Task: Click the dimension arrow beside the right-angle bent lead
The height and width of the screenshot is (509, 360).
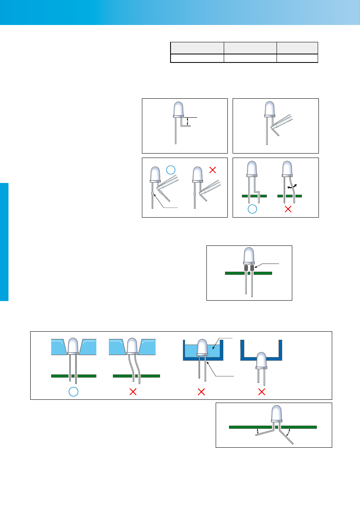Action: coord(187,121)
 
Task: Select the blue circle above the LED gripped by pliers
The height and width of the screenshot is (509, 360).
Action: coord(171,170)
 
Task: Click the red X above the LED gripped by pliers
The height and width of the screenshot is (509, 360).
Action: coord(213,170)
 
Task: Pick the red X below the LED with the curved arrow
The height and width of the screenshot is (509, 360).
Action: coord(288,209)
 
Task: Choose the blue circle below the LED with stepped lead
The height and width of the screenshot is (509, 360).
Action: coord(252,209)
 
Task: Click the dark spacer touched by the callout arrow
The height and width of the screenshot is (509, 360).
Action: coord(252,268)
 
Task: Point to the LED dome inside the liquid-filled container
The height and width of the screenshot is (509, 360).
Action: coord(202,347)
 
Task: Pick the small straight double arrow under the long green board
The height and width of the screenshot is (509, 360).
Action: coord(258,432)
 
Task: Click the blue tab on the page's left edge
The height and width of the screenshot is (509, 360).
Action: coord(4,242)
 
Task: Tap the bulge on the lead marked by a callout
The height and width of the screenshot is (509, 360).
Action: coord(152,194)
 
